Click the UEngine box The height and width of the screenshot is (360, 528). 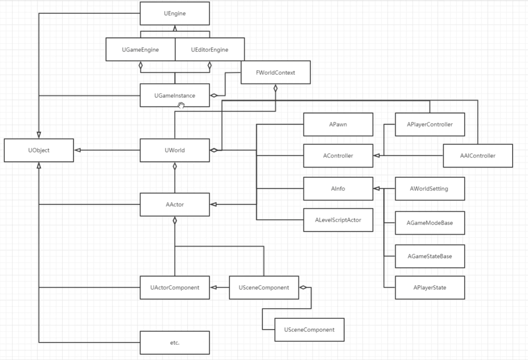(x=175, y=14)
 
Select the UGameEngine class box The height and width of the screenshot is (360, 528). (x=140, y=50)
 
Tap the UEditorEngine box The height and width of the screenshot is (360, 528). (x=210, y=50)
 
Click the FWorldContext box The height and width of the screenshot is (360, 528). (x=275, y=72)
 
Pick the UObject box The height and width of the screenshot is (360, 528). (x=39, y=150)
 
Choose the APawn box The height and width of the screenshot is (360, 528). (x=338, y=124)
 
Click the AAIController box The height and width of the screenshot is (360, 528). (x=478, y=156)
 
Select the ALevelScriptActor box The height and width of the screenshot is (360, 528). (x=338, y=220)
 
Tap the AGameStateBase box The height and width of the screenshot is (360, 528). (x=430, y=256)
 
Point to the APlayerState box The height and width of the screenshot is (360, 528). (x=430, y=288)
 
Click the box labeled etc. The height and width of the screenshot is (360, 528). (x=175, y=343)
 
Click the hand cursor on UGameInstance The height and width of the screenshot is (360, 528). (x=181, y=105)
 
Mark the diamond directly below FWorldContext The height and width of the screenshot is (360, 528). (x=275, y=88)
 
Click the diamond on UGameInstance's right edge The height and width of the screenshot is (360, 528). (x=214, y=95)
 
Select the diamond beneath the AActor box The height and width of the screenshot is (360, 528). (x=175, y=220)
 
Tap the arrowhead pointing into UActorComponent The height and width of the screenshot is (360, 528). (x=213, y=288)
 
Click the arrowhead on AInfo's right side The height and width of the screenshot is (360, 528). (x=377, y=189)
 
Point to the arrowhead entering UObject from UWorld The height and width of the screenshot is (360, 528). (x=77, y=150)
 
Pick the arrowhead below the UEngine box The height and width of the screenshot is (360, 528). (x=175, y=28)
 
